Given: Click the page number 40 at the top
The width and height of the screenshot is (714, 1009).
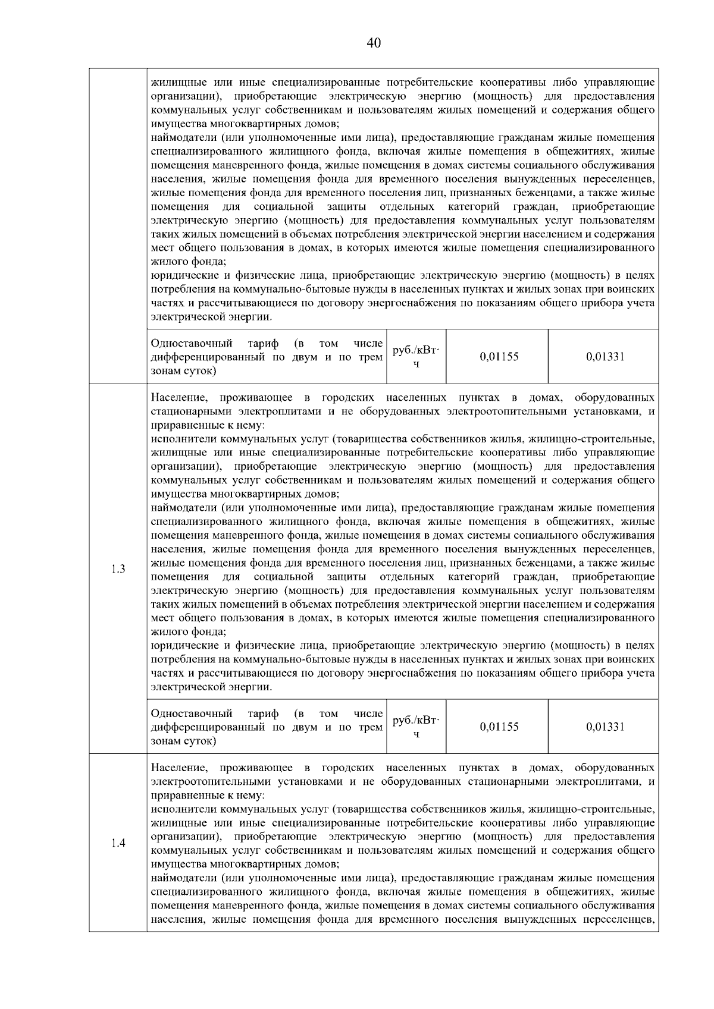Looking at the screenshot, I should click(374, 43).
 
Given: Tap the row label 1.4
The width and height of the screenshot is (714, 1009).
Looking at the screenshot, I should click(118, 843).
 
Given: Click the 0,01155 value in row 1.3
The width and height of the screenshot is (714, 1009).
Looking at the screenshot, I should click(499, 727).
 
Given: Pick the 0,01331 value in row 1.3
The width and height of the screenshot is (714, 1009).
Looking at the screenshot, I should click(605, 727).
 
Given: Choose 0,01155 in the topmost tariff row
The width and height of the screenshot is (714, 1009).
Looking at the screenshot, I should click(499, 357).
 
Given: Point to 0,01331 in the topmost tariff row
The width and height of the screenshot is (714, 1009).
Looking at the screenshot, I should click(605, 357).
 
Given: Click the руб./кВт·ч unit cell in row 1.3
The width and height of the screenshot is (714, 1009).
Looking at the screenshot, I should click(416, 727).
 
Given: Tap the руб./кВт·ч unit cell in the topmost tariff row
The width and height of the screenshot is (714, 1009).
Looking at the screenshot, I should click(416, 357).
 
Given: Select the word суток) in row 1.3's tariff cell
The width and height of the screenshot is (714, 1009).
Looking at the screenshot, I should click(198, 741).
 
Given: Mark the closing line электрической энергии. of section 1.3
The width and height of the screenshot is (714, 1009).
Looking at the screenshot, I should click(211, 687).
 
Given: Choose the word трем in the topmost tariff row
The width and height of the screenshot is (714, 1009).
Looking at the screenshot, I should click(371, 357).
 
